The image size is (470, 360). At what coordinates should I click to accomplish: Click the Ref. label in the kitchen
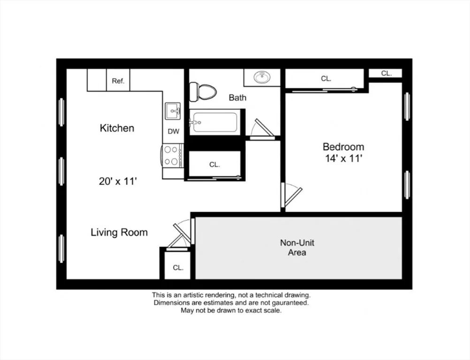118,81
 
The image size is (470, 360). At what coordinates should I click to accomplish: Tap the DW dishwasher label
173,131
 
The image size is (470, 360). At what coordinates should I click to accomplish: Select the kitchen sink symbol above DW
173,111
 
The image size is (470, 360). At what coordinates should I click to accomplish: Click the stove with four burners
172,156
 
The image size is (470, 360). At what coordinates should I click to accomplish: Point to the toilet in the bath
203,92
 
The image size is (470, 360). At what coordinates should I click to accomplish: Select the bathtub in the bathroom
215,122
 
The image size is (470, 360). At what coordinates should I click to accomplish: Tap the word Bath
237,97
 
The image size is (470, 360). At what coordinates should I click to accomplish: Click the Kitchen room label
117,128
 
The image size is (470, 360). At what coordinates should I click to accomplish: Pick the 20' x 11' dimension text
118,181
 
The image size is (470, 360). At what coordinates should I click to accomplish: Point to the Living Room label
119,232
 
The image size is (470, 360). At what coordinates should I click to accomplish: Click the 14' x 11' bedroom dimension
344,158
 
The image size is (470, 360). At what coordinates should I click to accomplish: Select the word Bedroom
343,147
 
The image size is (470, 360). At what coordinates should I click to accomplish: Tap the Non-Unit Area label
297,247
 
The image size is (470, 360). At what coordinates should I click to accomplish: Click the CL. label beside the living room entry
178,268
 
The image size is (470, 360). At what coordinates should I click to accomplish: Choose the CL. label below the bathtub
215,165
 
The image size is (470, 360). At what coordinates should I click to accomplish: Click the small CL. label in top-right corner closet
387,73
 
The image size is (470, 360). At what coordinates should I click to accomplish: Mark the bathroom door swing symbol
262,129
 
